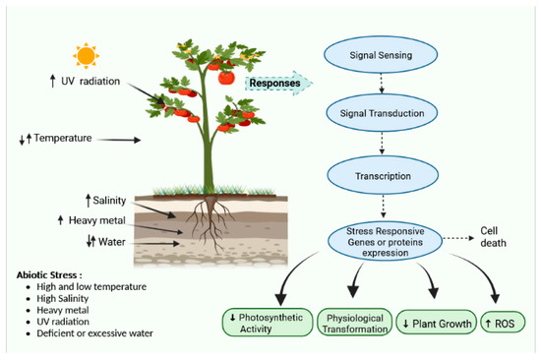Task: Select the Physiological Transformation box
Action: point(354,323)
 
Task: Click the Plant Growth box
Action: point(436,323)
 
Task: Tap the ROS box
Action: point(502,323)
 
